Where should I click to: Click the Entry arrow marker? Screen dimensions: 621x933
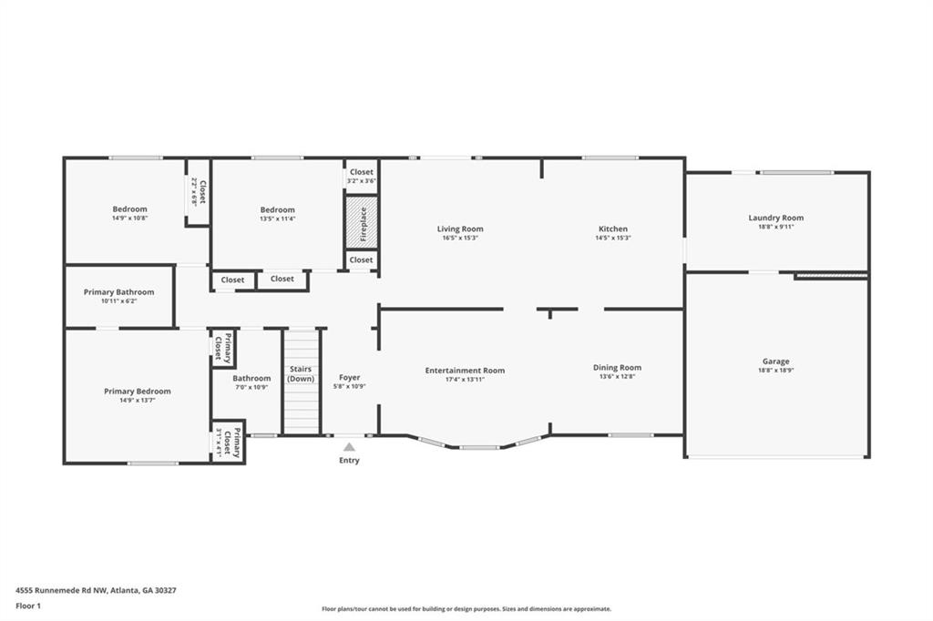[349, 446]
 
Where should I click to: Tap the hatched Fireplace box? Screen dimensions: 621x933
[361, 221]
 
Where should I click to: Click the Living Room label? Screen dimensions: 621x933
[459, 229]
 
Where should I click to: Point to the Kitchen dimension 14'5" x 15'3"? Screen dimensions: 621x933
[612, 238]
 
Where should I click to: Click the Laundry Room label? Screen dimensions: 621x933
[775, 218]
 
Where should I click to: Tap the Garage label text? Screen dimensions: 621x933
[775, 361]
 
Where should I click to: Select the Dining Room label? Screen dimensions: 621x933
[617, 368]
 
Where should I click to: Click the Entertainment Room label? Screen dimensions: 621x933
[465, 371]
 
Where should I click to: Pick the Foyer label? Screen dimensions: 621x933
[349, 377]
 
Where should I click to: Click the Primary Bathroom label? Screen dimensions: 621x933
[118, 292]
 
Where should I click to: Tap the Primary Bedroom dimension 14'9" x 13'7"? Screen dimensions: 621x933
[137, 400]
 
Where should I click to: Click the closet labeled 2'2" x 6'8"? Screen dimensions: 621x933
[199, 192]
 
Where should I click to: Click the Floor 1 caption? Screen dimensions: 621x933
[28, 606]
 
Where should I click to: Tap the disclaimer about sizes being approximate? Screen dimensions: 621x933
[466, 609]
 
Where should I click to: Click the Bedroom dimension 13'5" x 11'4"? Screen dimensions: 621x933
[277, 219]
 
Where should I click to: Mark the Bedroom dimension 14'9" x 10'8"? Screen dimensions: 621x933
[129, 219]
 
